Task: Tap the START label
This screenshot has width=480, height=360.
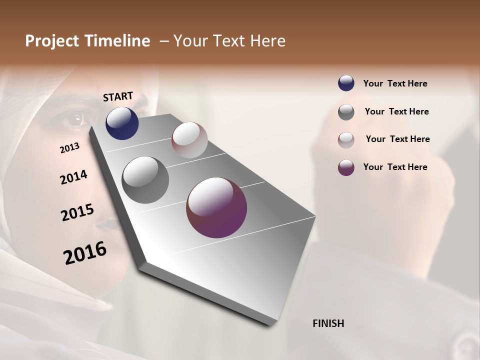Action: pos(118,96)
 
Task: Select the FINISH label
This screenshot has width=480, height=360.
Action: pos(328,323)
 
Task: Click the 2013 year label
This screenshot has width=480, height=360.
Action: pos(69,148)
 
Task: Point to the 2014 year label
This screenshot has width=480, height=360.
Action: pos(73,177)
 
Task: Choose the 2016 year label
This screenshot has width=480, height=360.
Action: pos(85,252)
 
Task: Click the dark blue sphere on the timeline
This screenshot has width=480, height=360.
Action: pos(122,123)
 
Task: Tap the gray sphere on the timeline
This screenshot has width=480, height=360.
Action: pos(145,180)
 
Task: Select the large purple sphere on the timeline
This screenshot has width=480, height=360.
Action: pos(216,207)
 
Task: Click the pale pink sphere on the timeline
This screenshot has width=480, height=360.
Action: pos(189,140)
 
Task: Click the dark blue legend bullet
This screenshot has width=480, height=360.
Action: pos(346,83)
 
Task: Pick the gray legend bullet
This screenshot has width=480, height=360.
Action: pos(346,112)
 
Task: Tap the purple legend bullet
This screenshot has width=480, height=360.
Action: pos(346,167)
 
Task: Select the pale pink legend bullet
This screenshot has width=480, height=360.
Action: pos(346,140)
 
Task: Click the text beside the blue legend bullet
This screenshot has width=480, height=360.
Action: pos(395,84)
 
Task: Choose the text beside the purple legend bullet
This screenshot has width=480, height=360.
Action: pos(395,167)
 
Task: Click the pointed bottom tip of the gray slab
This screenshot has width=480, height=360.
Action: pos(270,325)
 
